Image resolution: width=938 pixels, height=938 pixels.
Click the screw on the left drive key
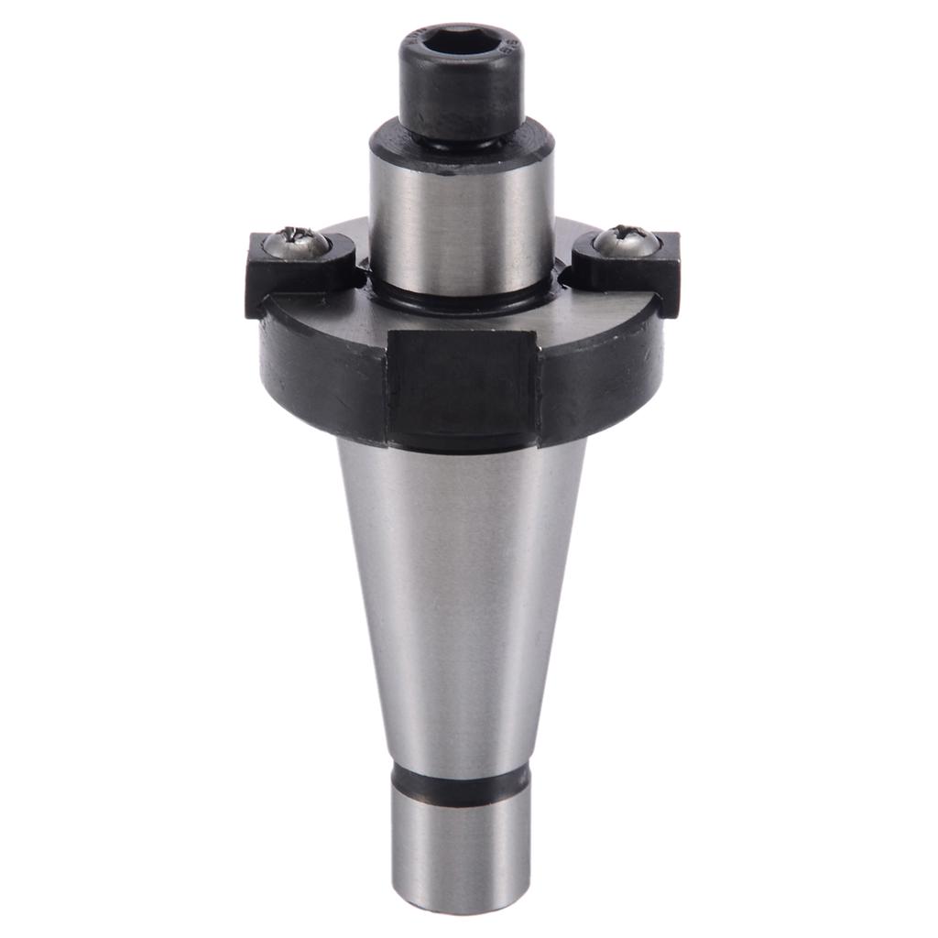(x=296, y=242)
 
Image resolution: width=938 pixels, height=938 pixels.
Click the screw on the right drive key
(x=626, y=241)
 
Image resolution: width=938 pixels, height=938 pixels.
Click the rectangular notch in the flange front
(x=463, y=385)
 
